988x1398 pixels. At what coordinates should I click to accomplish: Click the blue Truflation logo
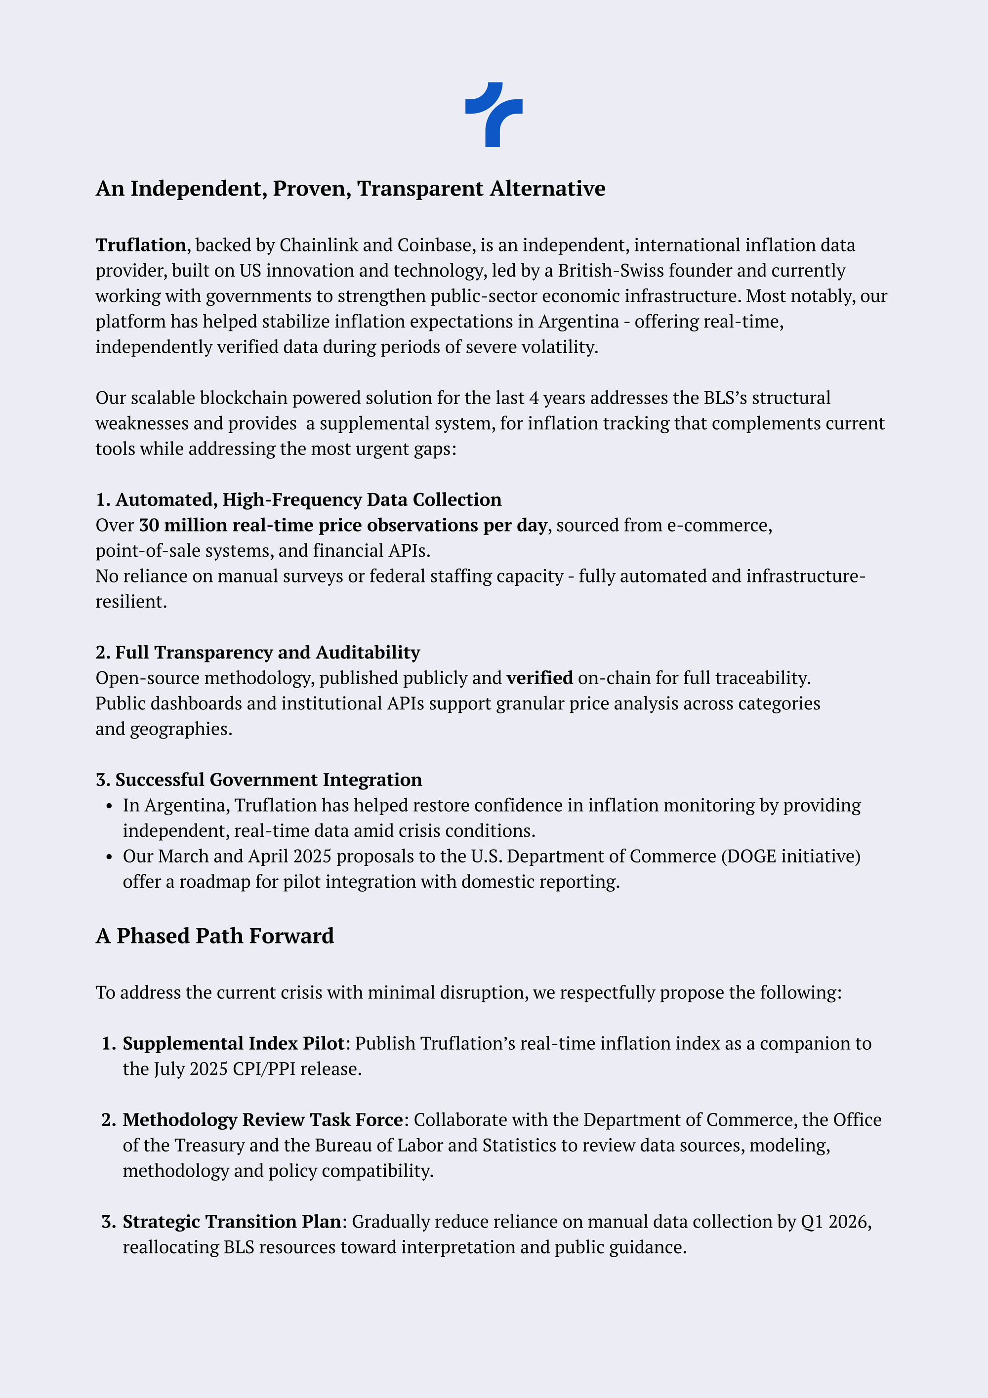pos(494,115)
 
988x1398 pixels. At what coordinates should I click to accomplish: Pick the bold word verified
pos(539,678)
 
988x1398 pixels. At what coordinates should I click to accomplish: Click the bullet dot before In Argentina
pos(109,806)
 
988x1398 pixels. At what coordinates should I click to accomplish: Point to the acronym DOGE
pos(751,856)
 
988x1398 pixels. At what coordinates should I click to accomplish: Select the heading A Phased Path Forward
pos(215,936)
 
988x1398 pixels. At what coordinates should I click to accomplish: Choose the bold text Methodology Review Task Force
pos(263,1120)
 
